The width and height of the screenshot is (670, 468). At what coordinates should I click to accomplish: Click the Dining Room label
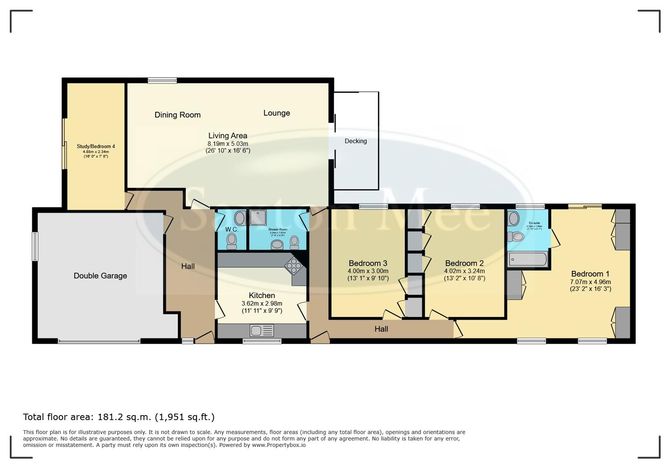click(177, 115)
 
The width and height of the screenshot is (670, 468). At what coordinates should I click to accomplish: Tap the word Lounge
click(276, 113)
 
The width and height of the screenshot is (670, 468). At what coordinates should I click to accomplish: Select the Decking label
click(355, 141)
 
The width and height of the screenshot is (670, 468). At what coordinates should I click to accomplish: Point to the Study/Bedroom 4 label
click(95, 146)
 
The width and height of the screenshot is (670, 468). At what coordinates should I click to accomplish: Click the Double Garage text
click(100, 276)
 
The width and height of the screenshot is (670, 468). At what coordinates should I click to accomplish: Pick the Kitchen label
click(262, 295)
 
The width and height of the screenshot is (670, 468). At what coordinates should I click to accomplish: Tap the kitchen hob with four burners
click(293, 266)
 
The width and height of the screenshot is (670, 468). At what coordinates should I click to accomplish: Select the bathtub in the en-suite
click(528, 259)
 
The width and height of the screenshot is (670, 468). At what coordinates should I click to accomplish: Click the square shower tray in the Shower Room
click(258, 217)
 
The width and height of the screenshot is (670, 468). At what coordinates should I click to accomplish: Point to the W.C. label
click(231, 229)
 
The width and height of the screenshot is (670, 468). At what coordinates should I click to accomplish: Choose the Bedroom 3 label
click(368, 263)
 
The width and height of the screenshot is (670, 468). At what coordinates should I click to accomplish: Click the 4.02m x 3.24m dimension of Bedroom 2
click(464, 271)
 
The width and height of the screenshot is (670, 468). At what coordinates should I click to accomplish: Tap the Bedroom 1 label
click(590, 274)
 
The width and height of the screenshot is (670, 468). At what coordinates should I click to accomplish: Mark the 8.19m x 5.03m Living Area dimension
click(227, 144)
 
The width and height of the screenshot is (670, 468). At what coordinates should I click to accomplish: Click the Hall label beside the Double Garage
click(188, 266)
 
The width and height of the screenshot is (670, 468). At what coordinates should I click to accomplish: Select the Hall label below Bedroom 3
click(381, 329)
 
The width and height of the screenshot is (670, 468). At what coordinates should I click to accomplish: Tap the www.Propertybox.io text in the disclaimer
click(279, 445)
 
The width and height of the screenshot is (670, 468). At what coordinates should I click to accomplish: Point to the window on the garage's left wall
click(35, 246)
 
